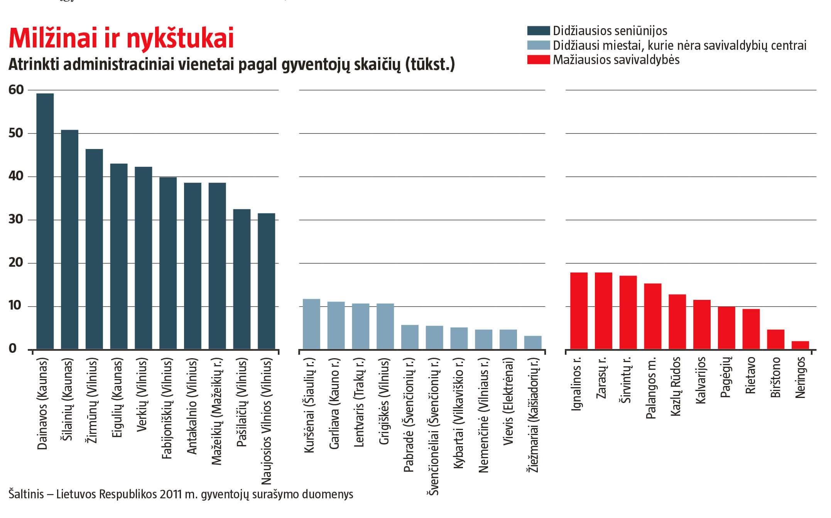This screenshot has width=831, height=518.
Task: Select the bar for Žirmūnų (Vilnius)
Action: (94, 249)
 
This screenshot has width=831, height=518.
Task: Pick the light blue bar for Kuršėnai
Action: (311, 324)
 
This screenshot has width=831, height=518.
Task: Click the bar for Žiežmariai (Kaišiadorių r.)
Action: (533, 342)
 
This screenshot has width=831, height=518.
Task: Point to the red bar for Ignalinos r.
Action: (579, 311)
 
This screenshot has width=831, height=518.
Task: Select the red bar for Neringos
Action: (800, 345)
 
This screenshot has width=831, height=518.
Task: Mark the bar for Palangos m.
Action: (653, 316)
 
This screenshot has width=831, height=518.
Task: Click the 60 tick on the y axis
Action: (16, 90)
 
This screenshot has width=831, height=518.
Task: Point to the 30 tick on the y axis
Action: (16, 220)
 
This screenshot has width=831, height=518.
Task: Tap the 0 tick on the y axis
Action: (13, 349)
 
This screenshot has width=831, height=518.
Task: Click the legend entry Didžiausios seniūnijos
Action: (610, 31)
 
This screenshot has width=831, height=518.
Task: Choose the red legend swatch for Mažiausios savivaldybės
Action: (539, 60)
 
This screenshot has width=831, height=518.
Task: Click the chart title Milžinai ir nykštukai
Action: (121, 39)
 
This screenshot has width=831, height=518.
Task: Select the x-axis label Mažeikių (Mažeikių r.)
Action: (217, 411)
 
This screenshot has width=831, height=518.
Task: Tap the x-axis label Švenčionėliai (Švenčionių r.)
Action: (434, 426)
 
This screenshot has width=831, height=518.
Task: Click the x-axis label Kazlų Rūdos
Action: (676, 386)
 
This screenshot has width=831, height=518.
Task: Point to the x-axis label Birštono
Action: (775, 377)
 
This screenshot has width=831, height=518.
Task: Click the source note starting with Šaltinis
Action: (181, 494)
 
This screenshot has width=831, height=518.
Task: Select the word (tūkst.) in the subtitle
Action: (430, 65)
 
